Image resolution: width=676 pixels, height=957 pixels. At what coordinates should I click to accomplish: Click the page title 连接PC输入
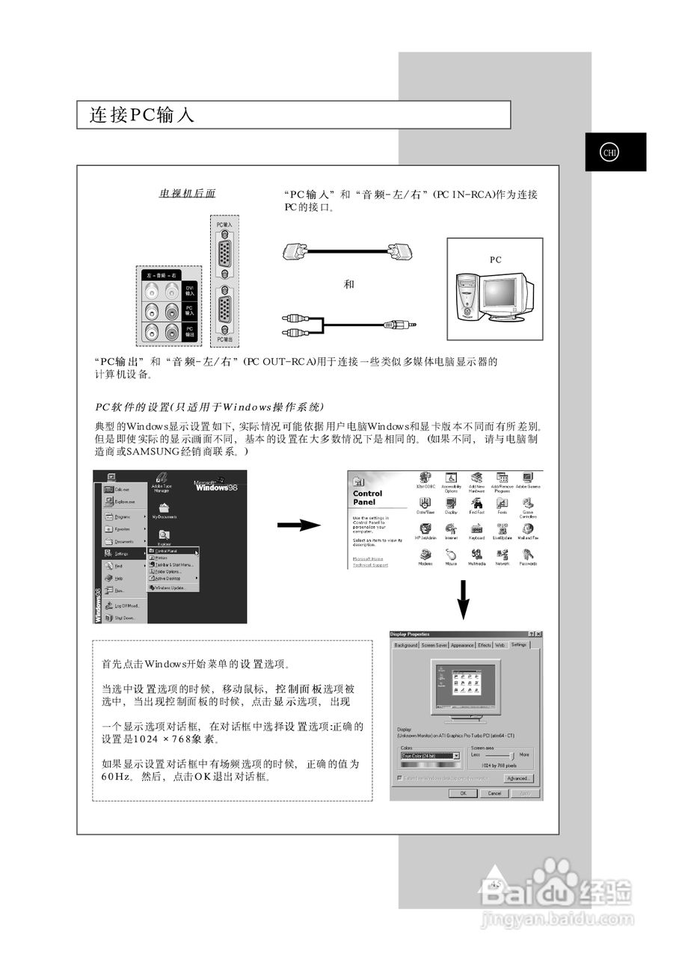pos(142,115)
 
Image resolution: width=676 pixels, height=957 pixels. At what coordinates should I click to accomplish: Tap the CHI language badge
pos(610,153)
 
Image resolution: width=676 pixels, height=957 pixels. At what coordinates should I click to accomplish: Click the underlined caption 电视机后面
pos(187,194)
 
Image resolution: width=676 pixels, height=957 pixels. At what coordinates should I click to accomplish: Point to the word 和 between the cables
pos(348,284)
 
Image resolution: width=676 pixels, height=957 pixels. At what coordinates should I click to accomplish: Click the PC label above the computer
pos(495,259)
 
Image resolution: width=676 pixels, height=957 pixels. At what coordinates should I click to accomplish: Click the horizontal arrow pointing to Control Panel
pos(298,526)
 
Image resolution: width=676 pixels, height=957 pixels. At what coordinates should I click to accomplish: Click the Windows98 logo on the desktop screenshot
pos(215,487)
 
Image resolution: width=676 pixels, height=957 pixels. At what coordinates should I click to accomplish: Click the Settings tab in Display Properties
pos(519,644)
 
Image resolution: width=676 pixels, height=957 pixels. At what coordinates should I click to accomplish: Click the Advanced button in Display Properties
pos(517,778)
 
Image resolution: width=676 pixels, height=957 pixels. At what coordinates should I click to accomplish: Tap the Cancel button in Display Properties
pos(494,793)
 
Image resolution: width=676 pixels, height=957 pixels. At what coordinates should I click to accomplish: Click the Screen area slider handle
pos(509,756)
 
